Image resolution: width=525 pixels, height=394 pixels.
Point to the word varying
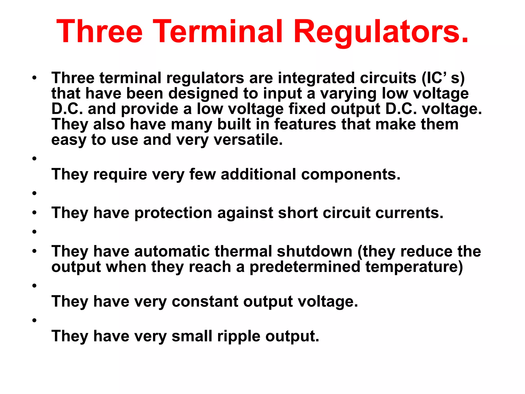[x=348, y=94]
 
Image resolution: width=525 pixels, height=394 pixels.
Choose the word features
[x=305, y=124]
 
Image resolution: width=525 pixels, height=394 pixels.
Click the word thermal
[x=243, y=251]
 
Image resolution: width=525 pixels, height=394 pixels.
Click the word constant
[x=205, y=301]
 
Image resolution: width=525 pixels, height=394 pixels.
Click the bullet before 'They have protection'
[x=34, y=213]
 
